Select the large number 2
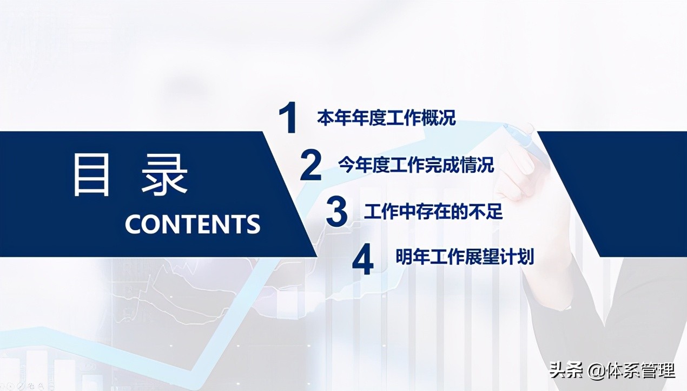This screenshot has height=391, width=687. pos(311,166)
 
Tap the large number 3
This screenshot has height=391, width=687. pos(336,212)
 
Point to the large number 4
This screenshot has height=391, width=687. pos(362,260)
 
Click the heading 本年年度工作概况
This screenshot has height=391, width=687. pos(386,118)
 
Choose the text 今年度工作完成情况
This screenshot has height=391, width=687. pos(416,165)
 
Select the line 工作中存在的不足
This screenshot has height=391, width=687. pos(433,211)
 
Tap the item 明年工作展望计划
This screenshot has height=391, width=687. pos(465,257)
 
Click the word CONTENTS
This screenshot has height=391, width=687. pos(193,224)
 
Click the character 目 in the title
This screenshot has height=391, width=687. pos(92,175)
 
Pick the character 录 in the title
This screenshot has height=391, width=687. pos(165,175)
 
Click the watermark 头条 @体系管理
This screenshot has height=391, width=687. pos(612,371)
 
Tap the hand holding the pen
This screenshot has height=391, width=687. pos(519,173)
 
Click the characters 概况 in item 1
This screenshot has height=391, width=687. pos(441,118)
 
